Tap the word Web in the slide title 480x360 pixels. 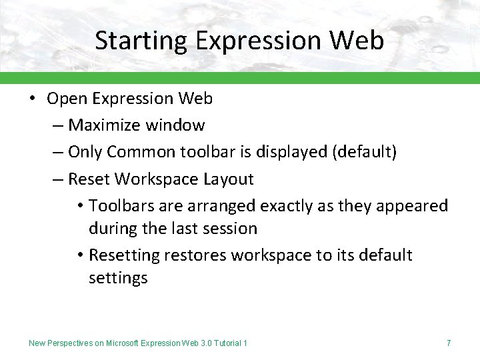[357, 41]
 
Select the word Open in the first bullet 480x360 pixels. [67, 99]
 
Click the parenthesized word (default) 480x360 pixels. [364, 152]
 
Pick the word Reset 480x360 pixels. [90, 179]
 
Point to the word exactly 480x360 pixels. [290, 205]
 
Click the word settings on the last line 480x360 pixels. [118, 278]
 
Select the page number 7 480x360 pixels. [449, 343]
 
